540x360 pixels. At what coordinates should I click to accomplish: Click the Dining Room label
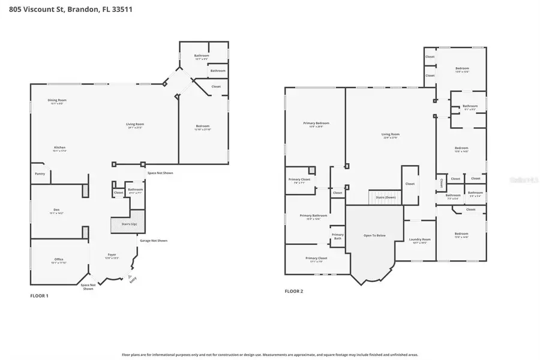click(x=57, y=101)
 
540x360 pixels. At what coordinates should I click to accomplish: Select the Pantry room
click(x=40, y=174)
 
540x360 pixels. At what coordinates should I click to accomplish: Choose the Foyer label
click(x=112, y=256)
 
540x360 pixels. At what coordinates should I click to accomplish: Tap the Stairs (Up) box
click(x=129, y=224)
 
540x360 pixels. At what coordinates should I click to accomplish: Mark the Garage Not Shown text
click(x=154, y=241)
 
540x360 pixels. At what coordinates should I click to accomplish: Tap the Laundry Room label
click(x=418, y=241)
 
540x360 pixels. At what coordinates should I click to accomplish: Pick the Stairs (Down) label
click(x=385, y=197)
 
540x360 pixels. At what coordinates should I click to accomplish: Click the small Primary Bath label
click(x=338, y=236)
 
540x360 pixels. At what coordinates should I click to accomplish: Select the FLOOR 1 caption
click(x=39, y=296)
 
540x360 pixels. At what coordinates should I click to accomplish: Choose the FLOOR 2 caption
click(x=294, y=291)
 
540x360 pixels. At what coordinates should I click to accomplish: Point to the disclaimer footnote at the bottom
click(x=269, y=355)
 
